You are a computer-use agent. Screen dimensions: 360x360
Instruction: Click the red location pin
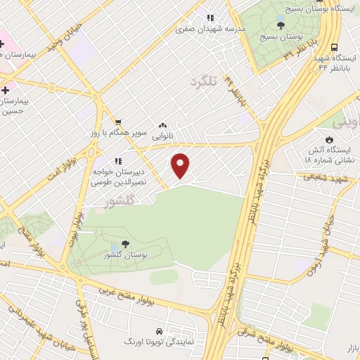[x=181, y=165]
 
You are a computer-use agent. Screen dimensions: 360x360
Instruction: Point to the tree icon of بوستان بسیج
[x=281, y=25]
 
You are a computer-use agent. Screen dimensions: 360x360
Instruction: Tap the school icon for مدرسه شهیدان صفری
[x=210, y=18]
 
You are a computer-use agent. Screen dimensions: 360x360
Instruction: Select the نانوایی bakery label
[x=163, y=135]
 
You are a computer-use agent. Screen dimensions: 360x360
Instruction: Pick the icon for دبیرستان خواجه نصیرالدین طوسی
[x=117, y=160]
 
